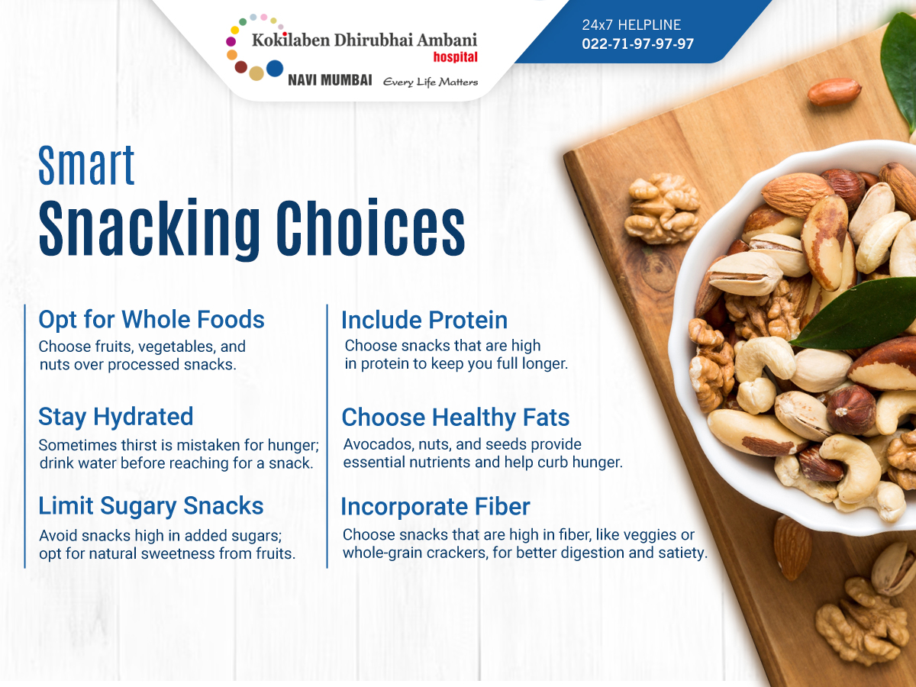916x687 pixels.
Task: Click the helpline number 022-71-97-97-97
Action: tap(637, 44)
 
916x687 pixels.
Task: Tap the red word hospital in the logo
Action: tap(455, 57)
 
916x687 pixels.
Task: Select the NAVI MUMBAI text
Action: tap(330, 80)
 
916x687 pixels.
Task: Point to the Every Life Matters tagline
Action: tap(431, 82)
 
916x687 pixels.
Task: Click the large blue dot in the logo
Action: tap(275, 69)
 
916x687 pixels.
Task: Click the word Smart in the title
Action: tap(86, 165)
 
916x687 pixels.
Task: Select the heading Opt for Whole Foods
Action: tap(151, 320)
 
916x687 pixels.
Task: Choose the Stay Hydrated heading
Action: tap(115, 417)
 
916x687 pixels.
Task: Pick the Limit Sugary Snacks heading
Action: tap(150, 506)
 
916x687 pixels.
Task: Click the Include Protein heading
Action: tap(424, 321)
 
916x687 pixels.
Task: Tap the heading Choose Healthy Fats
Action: tap(456, 418)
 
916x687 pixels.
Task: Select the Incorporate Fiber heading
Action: tap(435, 507)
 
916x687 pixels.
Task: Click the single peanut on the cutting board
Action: tap(834, 91)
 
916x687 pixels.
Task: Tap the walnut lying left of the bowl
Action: tap(663, 208)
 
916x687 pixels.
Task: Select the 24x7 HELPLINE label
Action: tap(631, 25)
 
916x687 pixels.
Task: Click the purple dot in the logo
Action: tap(231, 41)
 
